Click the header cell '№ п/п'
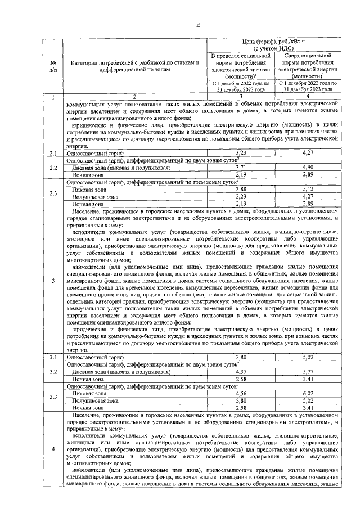click(x=52, y=66)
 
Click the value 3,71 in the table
click(x=241, y=168)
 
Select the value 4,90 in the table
click(x=308, y=168)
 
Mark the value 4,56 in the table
click(x=241, y=394)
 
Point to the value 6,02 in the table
click(x=308, y=394)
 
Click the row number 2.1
click(x=52, y=153)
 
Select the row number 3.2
click(x=52, y=372)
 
